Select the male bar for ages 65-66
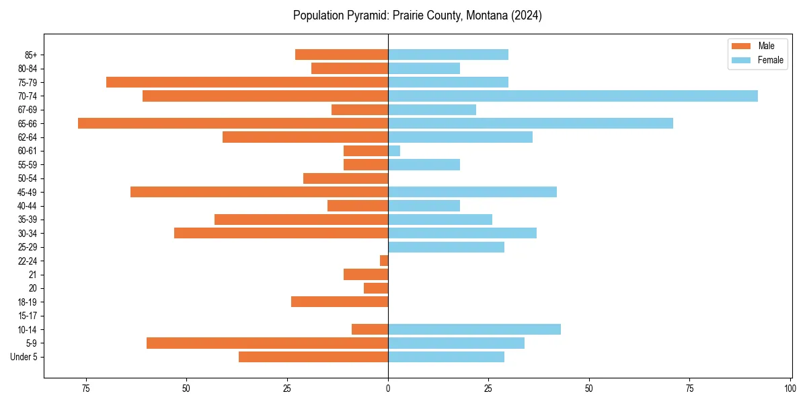tap(233, 123)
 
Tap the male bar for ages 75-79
tap(247, 82)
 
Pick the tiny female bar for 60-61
tap(394, 151)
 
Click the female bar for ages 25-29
tap(446, 247)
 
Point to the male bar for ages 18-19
tap(340, 302)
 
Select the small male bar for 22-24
tap(384, 261)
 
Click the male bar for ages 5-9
tap(268, 343)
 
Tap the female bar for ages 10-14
tap(474, 329)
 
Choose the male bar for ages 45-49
tap(260, 192)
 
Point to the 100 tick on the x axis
tap(790, 389)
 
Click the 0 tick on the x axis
tap(388, 389)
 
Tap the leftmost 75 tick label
tap(85, 389)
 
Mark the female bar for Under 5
tap(446, 357)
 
